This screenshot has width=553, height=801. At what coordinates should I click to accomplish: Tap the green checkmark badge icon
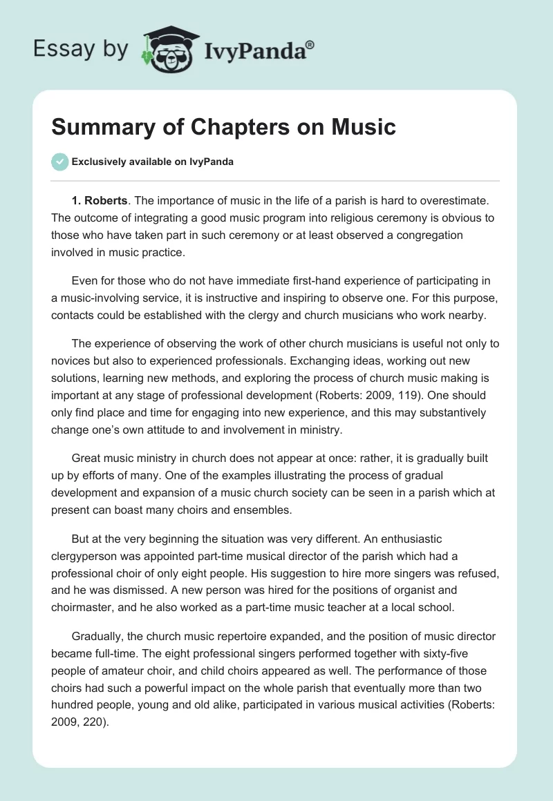pyautogui.click(x=59, y=162)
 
